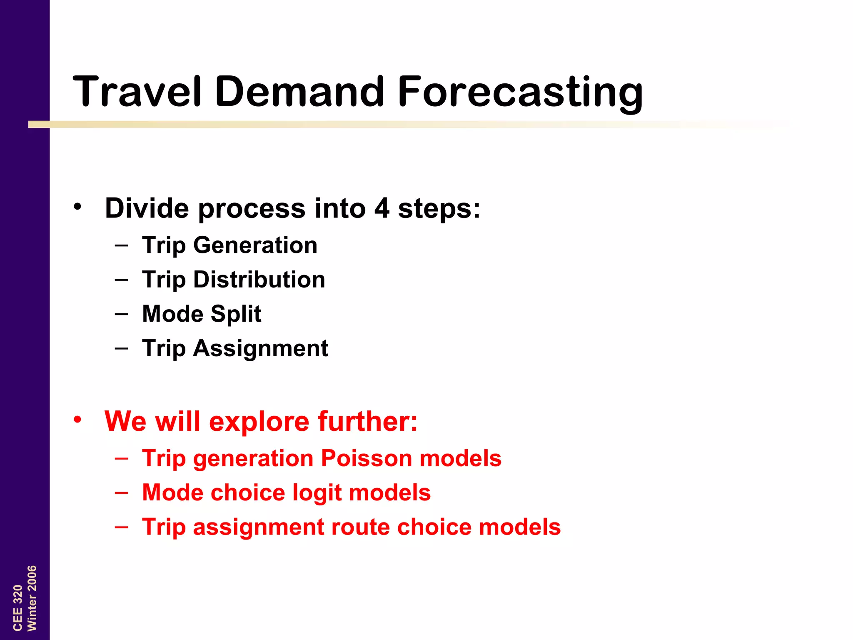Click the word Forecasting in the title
click(x=521, y=92)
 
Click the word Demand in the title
click(x=299, y=92)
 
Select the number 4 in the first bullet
click(x=382, y=208)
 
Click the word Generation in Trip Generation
click(x=255, y=245)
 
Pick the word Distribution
click(x=259, y=279)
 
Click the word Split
click(x=236, y=314)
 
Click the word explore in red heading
click(x=259, y=422)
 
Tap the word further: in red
click(x=368, y=422)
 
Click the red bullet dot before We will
click(x=77, y=420)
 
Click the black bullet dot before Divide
click(x=77, y=206)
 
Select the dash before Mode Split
click(x=121, y=313)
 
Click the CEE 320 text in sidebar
click(x=17, y=607)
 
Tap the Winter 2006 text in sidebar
click(x=32, y=598)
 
